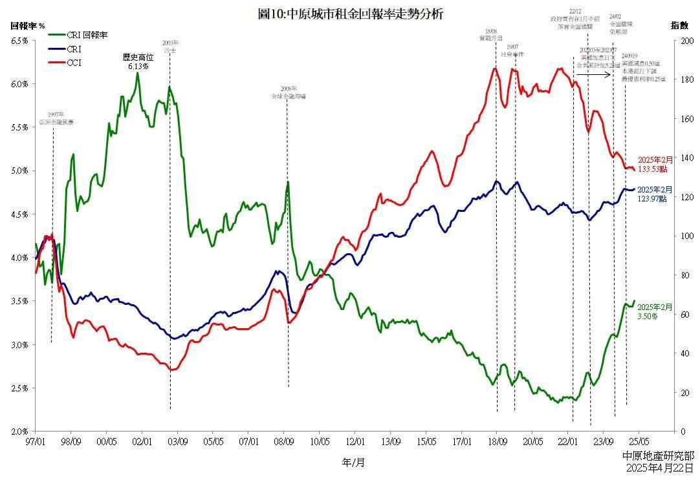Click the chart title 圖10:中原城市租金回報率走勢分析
[x=350, y=13]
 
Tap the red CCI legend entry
[x=73, y=63]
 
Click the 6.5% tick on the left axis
[x=19, y=41]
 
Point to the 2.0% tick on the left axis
[x=19, y=432]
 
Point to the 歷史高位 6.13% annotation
[x=138, y=61]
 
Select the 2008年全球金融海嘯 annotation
[x=289, y=92]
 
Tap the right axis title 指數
[x=679, y=25]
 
